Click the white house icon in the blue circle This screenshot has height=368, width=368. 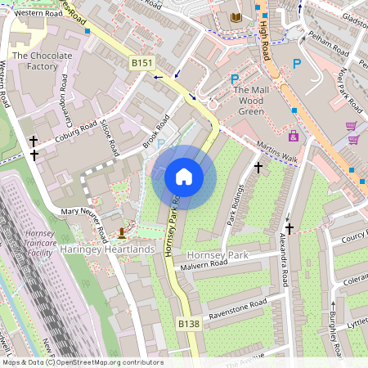click(183, 176)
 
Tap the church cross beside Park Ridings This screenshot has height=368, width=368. click(258, 168)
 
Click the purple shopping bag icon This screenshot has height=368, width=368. click(294, 135)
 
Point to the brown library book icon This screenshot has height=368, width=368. click(236, 17)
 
